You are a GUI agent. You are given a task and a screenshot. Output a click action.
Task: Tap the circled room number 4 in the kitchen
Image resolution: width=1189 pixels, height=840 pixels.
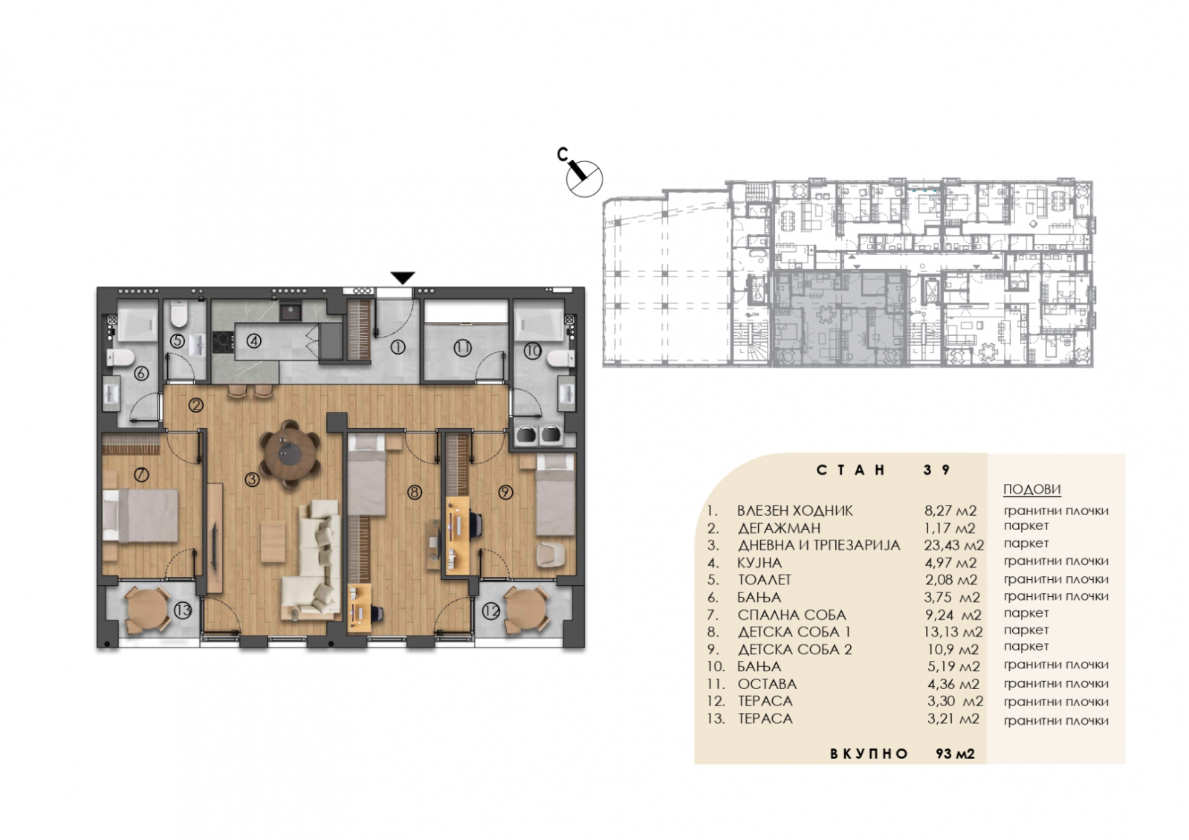(x=254, y=341)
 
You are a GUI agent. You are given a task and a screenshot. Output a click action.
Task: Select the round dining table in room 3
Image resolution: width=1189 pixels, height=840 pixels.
(x=290, y=453)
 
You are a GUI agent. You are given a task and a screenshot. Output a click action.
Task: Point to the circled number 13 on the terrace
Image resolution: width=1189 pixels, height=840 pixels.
(x=183, y=610)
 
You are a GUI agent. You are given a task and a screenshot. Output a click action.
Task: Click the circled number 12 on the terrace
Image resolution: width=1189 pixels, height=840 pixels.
(x=491, y=611)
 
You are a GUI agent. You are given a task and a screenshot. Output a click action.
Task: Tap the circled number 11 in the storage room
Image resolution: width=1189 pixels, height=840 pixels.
(x=462, y=349)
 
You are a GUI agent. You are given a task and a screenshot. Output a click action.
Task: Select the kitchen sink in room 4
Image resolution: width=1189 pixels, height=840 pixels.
(x=290, y=311)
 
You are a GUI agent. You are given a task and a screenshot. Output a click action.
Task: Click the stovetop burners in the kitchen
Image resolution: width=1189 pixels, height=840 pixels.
(x=222, y=342)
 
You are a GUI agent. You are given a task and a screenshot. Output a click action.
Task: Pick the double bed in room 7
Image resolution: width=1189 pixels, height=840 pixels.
(x=140, y=516)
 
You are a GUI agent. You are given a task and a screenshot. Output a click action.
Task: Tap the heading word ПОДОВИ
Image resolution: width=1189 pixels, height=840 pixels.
(x=1031, y=490)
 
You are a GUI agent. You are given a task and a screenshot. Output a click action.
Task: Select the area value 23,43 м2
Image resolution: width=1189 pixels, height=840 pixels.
(x=954, y=546)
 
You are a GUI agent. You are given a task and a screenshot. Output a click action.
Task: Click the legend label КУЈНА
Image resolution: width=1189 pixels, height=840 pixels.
(x=759, y=563)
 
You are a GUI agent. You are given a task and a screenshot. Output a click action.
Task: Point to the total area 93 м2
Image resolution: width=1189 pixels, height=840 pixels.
(x=956, y=754)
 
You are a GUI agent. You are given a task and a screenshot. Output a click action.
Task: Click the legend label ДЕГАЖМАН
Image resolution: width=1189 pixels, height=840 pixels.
(x=780, y=529)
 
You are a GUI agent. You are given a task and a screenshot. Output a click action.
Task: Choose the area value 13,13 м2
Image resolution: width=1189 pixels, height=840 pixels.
(x=954, y=632)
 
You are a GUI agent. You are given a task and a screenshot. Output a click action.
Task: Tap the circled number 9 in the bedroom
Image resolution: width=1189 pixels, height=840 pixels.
(x=505, y=493)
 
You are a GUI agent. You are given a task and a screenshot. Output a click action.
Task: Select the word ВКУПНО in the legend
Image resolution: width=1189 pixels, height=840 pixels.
(x=869, y=754)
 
